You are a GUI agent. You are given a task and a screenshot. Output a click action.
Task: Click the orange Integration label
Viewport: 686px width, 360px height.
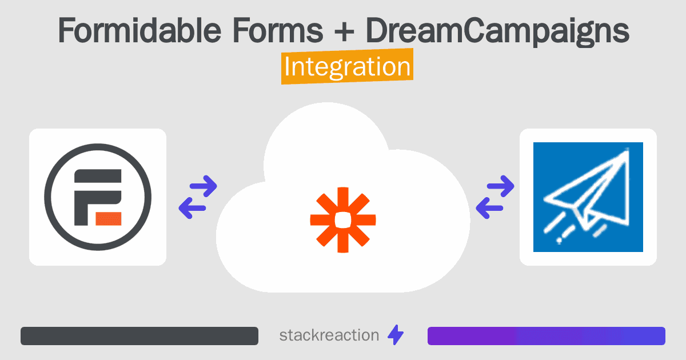pyautogui.click(x=348, y=68)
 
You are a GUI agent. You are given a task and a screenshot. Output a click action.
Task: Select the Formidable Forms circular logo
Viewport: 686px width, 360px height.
pyautogui.click(x=98, y=197)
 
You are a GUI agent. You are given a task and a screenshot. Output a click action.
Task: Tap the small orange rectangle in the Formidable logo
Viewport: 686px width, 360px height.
pyautogui.click(x=106, y=218)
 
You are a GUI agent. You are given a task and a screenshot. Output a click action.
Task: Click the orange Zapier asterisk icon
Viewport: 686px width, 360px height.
pyautogui.click(x=343, y=219)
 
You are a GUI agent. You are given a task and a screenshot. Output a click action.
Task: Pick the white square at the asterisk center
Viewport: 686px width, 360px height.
pyautogui.click(x=343, y=219)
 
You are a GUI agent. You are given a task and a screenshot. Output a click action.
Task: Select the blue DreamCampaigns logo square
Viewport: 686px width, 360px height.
pyautogui.click(x=588, y=197)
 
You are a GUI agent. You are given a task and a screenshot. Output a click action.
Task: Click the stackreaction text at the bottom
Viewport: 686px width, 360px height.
pyautogui.click(x=329, y=335)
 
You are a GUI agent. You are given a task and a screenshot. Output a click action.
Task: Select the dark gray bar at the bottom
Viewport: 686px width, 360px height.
pyautogui.click(x=139, y=336)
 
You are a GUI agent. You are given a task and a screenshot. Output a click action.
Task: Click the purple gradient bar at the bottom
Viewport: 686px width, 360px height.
pyautogui.click(x=546, y=336)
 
